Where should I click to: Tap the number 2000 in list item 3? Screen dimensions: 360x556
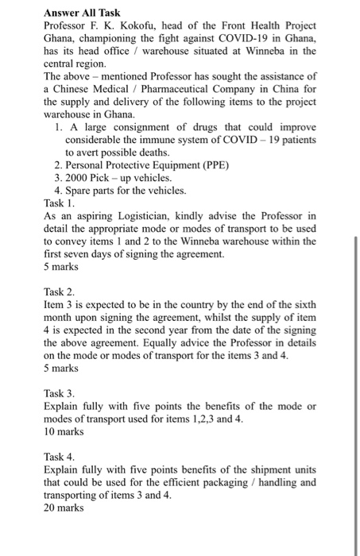tap(78, 177)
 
